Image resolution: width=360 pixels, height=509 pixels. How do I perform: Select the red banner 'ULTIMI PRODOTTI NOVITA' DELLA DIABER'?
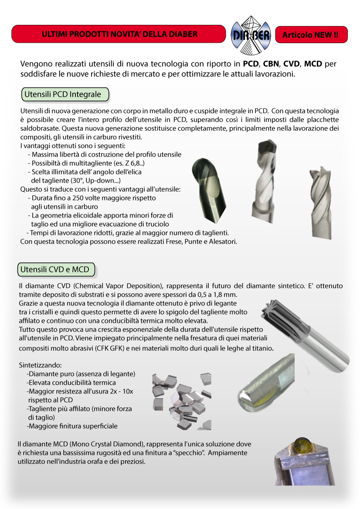pos(119,34)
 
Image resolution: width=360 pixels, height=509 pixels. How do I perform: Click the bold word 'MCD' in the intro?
pos(313,64)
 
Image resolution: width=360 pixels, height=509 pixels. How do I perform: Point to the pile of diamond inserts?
pos(181,400)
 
